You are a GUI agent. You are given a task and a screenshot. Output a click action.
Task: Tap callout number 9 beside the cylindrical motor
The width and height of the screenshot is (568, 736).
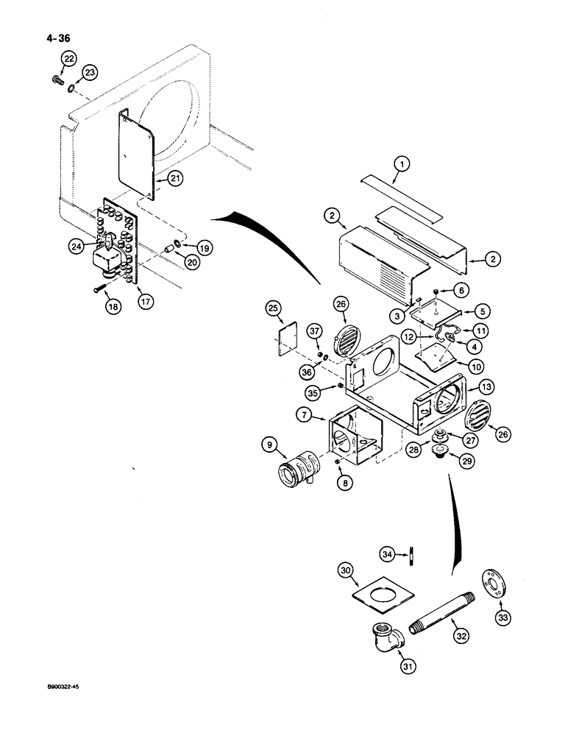(269, 445)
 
